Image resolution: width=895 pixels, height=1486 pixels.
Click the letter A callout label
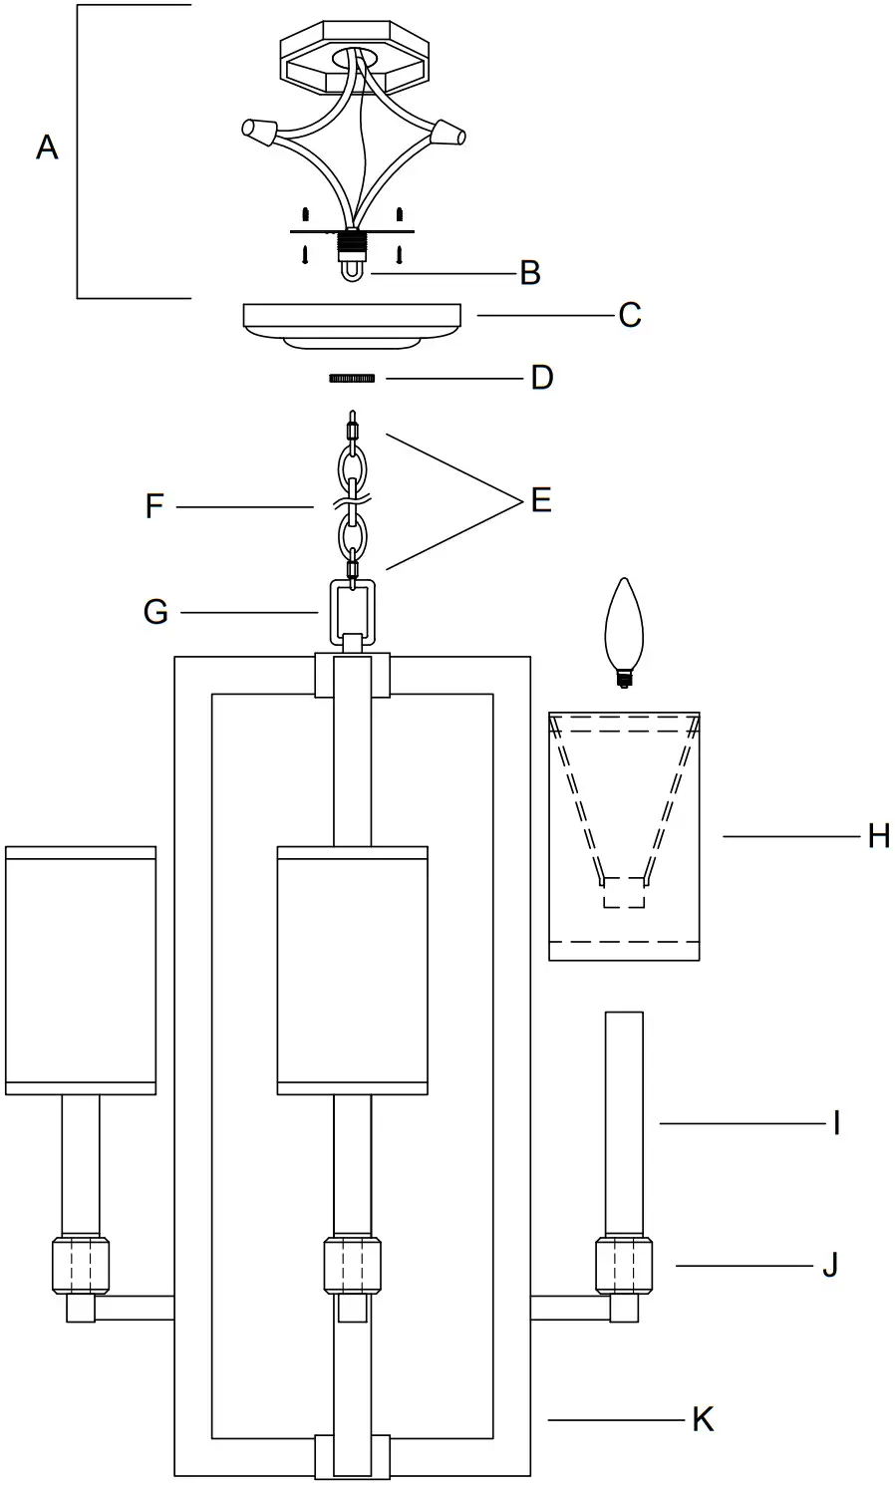47,149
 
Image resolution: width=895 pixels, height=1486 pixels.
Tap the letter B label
530,272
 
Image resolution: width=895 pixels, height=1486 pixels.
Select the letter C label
629,315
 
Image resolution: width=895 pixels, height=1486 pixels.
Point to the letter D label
541,378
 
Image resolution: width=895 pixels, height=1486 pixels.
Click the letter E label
541,500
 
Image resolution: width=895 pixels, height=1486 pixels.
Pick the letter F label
153,507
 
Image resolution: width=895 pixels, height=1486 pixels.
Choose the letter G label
155,611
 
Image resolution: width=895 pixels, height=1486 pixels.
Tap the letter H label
878,836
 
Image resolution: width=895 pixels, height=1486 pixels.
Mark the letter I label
837,1124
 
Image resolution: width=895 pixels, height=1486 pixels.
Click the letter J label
830,1266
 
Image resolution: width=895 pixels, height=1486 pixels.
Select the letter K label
703,1419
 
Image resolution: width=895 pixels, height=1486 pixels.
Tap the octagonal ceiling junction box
354,61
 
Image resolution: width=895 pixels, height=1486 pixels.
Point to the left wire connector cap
259,130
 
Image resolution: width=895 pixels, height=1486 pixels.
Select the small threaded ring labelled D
352,379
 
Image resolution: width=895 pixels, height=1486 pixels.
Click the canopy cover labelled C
353,323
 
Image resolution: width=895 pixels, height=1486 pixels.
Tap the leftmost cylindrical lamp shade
81,971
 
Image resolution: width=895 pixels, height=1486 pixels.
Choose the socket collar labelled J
624,1266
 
